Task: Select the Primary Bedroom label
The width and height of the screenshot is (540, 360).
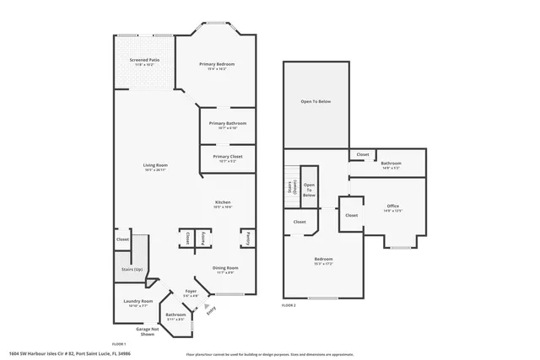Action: [217, 65]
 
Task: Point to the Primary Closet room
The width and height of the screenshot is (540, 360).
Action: [227, 157]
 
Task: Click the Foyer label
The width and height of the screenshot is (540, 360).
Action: [191, 292]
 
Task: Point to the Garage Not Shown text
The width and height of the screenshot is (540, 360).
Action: [147, 331]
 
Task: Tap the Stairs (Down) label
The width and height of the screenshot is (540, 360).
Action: [290, 187]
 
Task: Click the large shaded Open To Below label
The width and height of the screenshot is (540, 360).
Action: [316, 102]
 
